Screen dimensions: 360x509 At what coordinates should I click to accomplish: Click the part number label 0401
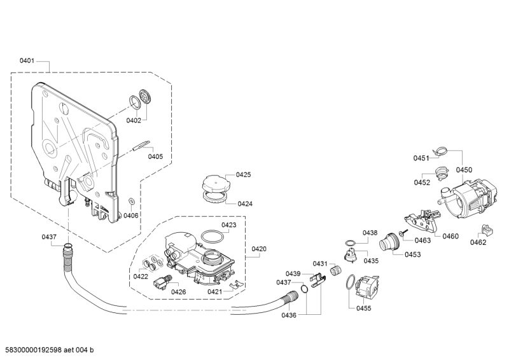click(x=27, y=61)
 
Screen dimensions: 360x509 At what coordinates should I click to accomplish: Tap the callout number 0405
click(x=155, y=156)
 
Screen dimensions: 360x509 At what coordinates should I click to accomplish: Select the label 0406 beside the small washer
click(x=130, y=216)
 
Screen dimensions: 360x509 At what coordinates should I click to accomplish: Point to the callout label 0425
click(x=243, y=174)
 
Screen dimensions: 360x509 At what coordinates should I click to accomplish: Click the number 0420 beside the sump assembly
click(x=259, y=249)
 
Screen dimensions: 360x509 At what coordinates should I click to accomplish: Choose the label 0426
click(x=179, y=292)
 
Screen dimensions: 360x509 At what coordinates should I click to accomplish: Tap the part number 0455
click(x=364, y=308)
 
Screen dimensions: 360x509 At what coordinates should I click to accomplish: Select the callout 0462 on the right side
click(x=478, y=242)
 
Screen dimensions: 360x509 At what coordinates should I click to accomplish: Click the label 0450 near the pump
click(x=464, y=170)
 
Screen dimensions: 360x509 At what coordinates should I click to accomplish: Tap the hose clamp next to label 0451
click(x=438, y=151)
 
